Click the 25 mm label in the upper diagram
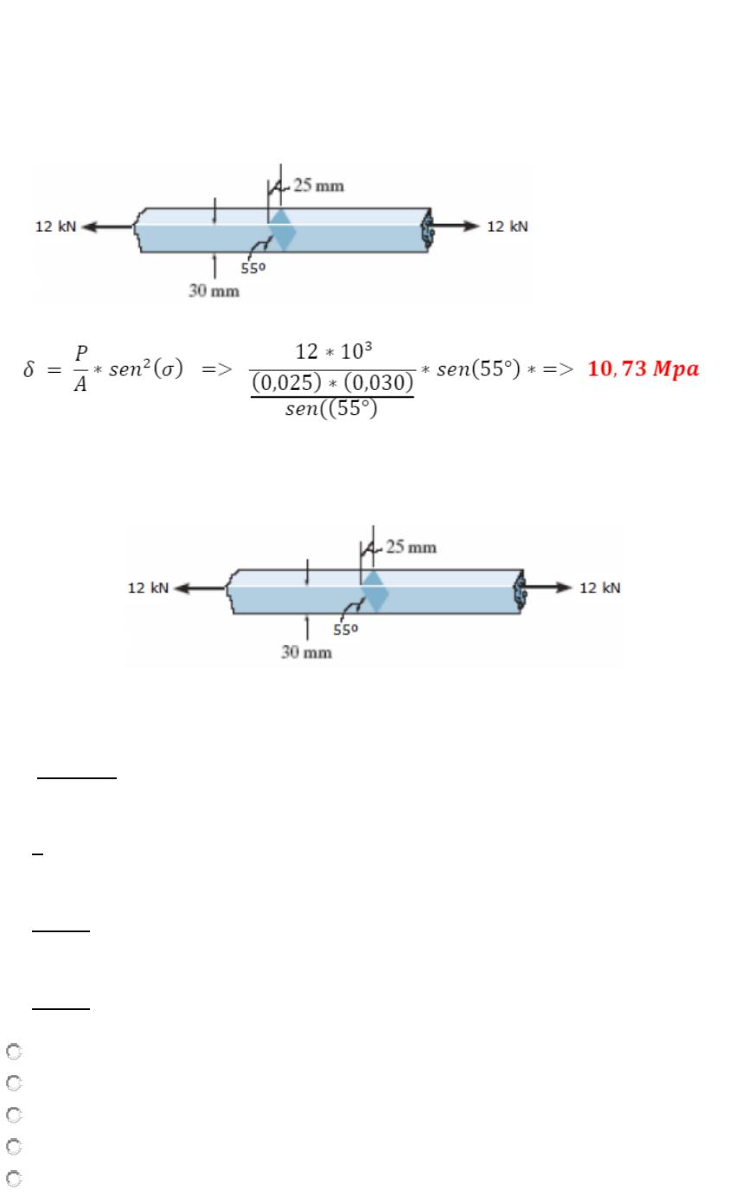(319, 185)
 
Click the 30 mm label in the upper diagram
(214, 291)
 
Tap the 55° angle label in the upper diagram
(253, 268)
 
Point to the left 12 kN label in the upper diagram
(55, 227)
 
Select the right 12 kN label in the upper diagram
(508, 227)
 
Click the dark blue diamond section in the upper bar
(282, 230)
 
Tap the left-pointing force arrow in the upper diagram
(108, 227)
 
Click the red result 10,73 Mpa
(643, 368)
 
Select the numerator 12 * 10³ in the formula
(334, 351)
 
